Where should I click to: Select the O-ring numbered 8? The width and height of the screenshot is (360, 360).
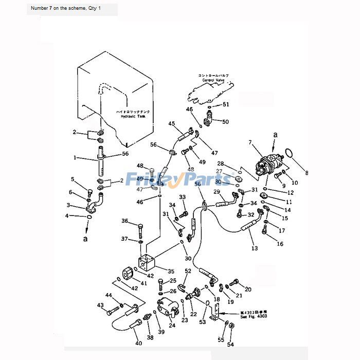[290, 153]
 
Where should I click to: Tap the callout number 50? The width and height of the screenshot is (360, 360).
[225, 122]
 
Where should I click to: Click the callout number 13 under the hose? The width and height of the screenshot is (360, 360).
[254, 248]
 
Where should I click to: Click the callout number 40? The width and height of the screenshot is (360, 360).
[138, 344]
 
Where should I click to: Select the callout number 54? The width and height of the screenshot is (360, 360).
[230, 345]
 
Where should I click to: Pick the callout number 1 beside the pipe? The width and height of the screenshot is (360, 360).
[75, 158]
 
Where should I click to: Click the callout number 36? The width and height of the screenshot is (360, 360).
[124, 221]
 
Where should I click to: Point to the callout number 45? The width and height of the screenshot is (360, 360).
[172, 123]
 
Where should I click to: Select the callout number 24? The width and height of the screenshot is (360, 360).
[171, 325]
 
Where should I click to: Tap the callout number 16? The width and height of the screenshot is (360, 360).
[280, 244]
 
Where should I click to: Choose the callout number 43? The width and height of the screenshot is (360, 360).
[100, 305]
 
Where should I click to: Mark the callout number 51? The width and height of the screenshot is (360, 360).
[226, 104]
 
